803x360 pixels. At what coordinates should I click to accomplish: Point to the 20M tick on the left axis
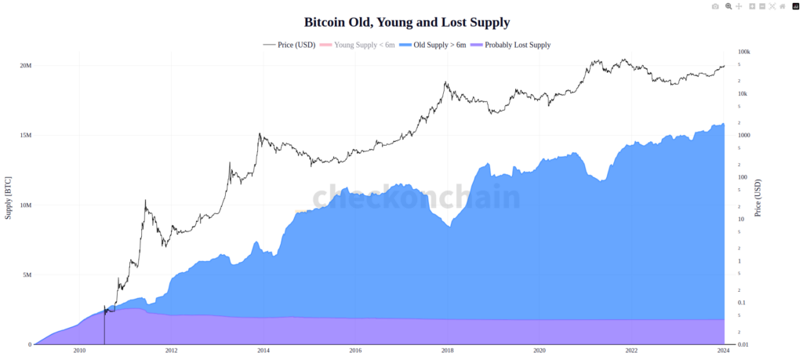[x=26, y=65]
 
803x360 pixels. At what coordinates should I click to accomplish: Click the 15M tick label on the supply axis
[x=26, y=135]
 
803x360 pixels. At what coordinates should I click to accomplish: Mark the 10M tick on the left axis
[x=26, y=205]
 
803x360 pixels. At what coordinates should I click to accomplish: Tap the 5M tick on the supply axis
[x=27, y=275]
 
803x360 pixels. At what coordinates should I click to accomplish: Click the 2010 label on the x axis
[x=78, y=351]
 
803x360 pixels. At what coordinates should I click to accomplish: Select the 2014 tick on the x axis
[x=263, y=351]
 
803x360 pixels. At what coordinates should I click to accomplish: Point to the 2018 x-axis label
[x=447, y=351]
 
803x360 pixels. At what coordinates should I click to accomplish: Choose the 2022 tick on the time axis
[x=631, y=351]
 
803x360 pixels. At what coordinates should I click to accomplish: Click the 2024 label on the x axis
[x=723, y=351]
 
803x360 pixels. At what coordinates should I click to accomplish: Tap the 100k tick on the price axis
[x=743, y=52]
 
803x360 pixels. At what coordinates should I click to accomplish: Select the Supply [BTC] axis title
[x=9, y=197]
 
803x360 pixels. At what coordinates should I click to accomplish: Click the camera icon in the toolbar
[x=714, y=6]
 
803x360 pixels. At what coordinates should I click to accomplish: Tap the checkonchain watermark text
[x=416, y=198]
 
